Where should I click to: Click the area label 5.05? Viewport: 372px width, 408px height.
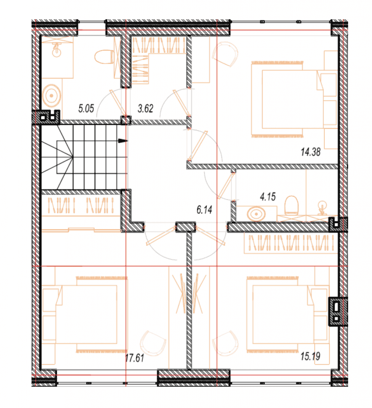click(86, 108)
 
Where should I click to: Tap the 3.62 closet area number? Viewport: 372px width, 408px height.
click(145, 108)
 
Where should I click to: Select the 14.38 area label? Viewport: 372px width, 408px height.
click(311, 152)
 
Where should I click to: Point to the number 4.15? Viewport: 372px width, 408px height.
click(268, 197)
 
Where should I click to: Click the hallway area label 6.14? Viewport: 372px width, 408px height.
click(205, 210)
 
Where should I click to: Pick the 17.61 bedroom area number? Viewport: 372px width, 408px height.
click(134, 358)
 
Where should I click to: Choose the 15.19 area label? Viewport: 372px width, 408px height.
click(311, 356)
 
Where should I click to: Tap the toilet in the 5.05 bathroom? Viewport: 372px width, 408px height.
click(104, 57)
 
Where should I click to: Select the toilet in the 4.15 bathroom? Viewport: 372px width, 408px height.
click(291, 205)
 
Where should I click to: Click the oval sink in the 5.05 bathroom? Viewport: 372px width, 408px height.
click(52, 95)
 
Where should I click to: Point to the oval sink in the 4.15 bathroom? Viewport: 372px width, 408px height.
click(256, 214)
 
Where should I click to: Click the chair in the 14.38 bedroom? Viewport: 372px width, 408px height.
click(225, 54)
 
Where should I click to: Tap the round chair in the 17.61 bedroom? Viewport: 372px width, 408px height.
click(153, 343)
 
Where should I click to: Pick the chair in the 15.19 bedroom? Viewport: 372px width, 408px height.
click(225, 343)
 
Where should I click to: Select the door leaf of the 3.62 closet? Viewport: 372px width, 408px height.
click(182, 103)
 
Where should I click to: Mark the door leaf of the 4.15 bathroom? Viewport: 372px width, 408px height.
click(225, 186)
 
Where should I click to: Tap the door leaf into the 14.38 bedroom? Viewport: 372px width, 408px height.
click(198, 145)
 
